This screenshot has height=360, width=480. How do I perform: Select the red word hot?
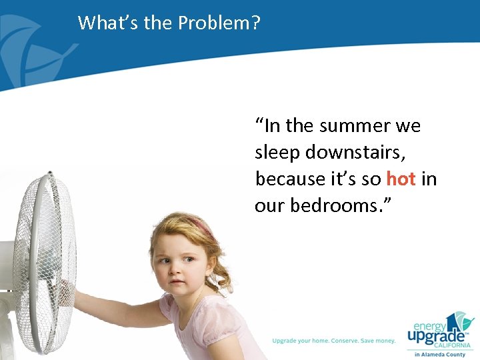pos(401,179)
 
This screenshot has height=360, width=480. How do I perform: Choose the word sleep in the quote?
pos(277,152)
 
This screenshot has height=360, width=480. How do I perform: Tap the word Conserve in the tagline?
pos(336,341)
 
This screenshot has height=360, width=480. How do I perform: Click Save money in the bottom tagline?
pos(377,341)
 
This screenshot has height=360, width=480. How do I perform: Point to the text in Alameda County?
pos(440,355)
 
